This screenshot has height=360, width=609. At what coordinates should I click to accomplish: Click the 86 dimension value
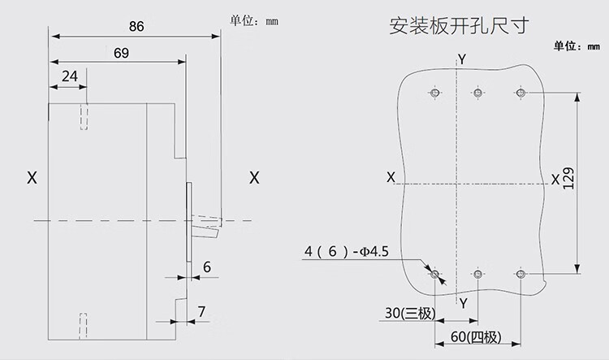point(136,27)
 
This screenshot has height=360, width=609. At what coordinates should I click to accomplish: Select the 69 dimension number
point(122,53)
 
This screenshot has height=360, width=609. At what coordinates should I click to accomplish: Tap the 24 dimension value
point(70,76)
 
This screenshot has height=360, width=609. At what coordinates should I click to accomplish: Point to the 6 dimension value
point(207,266)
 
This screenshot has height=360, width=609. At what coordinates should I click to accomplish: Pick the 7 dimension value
point(202,311)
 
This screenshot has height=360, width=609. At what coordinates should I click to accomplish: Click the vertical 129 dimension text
point(568,180)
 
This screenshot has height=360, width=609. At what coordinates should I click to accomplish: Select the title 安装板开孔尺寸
point(460,24)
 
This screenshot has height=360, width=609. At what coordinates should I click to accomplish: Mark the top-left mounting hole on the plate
point(436,93)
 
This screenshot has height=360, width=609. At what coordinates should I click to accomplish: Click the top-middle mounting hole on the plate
point(477,93)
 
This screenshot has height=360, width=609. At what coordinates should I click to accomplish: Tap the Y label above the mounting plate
point(461,59)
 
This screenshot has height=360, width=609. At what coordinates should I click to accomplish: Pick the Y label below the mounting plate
point(463,303)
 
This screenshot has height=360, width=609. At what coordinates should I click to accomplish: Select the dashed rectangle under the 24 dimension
point(84,116)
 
